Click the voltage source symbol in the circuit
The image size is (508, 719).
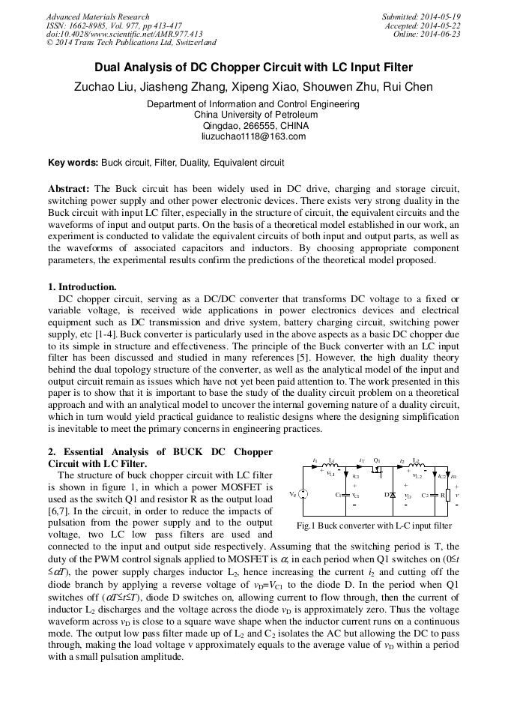[303, 494]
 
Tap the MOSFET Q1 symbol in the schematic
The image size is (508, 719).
[378, 468]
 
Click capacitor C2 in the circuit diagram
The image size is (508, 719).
[434, 495]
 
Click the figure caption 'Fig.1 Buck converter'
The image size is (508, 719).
[374, 526]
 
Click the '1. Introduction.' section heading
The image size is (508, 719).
[82, 286]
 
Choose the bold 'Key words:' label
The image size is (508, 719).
[73, 162]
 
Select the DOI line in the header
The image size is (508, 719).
[124, 34]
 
